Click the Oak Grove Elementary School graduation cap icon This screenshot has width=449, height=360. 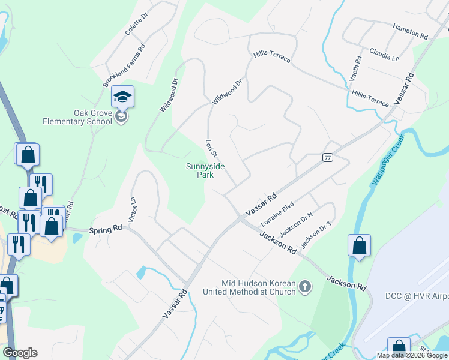pyautogui.click(x=122, y=97)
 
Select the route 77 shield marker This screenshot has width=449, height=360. pyautogui.click(x=327, y=157)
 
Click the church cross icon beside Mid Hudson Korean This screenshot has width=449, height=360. pyautogui.click(x=305, y=287)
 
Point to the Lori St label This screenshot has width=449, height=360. pyautogui.click(x=210, y=150)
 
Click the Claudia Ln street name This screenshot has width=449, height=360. pyautogui.click(x=384, y=54)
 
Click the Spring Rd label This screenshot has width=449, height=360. pyautogui.click(x=106, y=229)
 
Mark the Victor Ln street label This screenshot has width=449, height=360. pyautogui.click(x=133, y=207)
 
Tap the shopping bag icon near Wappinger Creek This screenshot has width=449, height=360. pyautogui.click(x=359, y=246)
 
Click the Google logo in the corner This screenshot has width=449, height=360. pyautogui.click(x=20, y=353)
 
